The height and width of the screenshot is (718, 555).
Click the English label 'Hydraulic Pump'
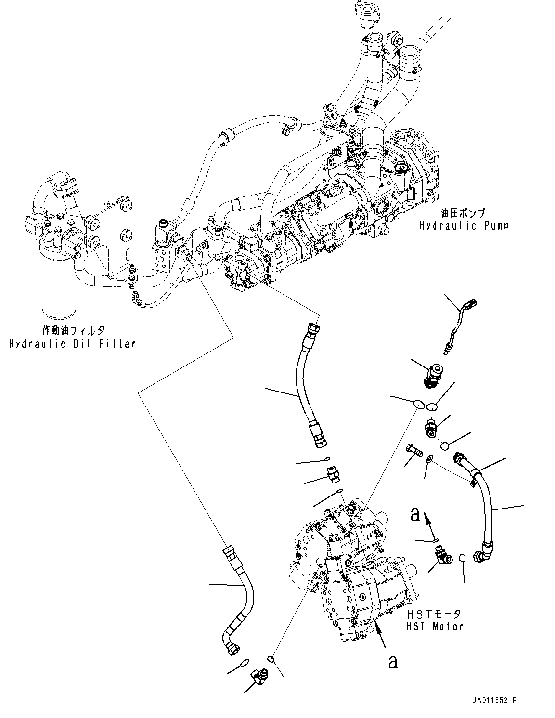464,225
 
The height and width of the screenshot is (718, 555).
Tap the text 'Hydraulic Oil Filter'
72,343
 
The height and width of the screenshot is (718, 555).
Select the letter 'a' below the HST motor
393,662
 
